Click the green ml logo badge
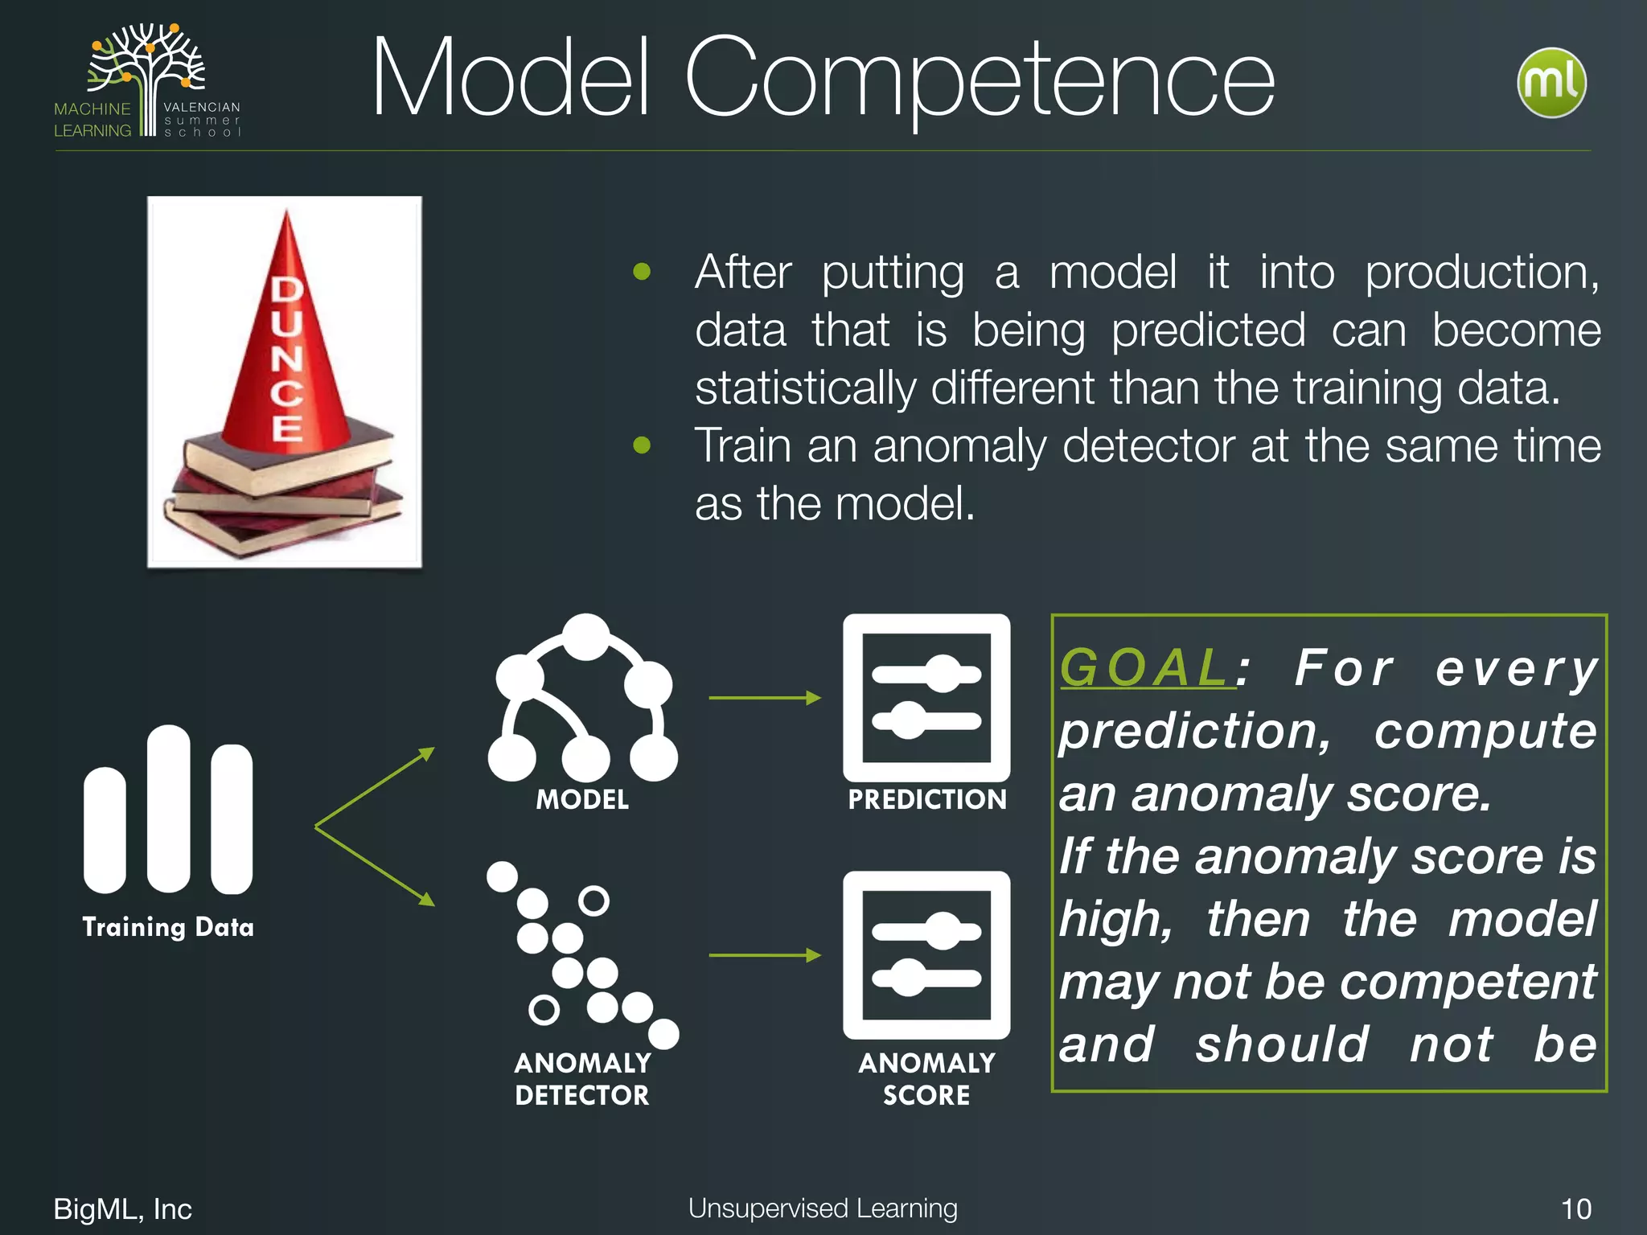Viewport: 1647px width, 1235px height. [x=1551, y=83]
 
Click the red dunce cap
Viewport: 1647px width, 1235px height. [x=286, y=338]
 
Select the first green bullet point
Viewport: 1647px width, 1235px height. [x=642, y=272]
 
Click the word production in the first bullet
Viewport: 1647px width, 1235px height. [x=1481, y=272]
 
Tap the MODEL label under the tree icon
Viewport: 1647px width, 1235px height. [x=582, y=799]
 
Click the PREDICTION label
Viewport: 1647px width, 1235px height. [x=926, y=799]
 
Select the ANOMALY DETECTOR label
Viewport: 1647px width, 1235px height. [x=582, y=1079]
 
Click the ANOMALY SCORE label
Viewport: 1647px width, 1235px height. [x=926, y=1079]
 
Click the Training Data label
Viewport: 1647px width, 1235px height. [x=168, y=927]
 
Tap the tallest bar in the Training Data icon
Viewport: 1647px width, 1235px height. [x=169, y=808]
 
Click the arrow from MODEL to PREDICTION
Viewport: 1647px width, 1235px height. [x=764, y=698]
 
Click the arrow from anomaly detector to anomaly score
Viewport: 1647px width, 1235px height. [x=764, y=955]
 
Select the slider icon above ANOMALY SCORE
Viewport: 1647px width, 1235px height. [x=926, y=954]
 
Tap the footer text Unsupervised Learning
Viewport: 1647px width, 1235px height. [x=823, y=1208]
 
